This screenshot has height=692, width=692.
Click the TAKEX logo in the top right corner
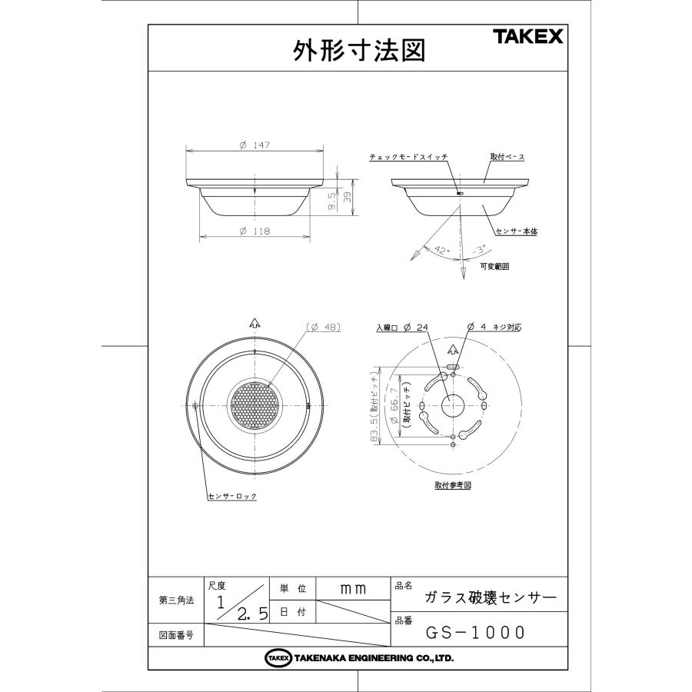point(527,36)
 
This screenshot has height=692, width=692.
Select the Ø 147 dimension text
point(254,146)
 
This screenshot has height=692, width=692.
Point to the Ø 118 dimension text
point(254,231)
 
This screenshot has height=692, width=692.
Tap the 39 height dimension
point(347,198)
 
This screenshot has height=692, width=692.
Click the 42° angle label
point(441,250)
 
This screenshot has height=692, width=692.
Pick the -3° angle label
point(478,250)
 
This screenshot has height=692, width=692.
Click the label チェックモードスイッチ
point(408,157)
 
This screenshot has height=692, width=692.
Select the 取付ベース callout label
point(507,157)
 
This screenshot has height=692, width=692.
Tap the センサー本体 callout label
point(515,231)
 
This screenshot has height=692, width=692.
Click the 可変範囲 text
point(494,267)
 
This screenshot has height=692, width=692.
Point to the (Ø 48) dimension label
point(323,327)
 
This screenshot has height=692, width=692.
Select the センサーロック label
point(232,496)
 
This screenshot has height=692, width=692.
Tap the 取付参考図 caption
point(452,486)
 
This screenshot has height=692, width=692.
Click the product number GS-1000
point(477,632)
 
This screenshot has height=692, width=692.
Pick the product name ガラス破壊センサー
point(485,597)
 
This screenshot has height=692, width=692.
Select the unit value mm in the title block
point(352,588)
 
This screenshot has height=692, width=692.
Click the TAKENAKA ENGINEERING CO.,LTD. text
point(373,658)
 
